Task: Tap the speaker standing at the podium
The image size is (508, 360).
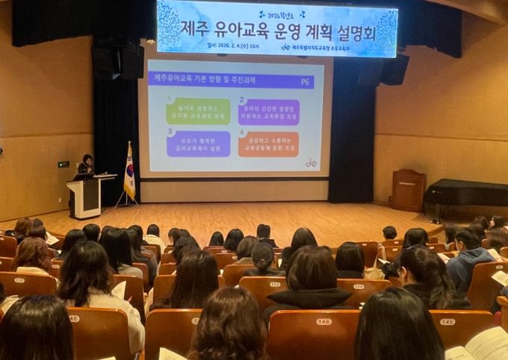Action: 87,165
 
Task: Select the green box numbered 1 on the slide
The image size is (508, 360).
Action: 197,111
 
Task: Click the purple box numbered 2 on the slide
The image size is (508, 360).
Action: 268,111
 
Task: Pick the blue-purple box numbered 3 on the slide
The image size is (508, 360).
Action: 198,143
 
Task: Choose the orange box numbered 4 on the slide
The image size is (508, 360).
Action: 268,144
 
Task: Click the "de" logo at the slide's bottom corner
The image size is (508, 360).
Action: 311,162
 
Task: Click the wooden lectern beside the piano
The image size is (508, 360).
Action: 409,190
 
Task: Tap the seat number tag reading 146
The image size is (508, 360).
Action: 323,321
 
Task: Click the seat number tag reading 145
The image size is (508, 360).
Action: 447,321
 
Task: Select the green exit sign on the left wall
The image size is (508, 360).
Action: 63,164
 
